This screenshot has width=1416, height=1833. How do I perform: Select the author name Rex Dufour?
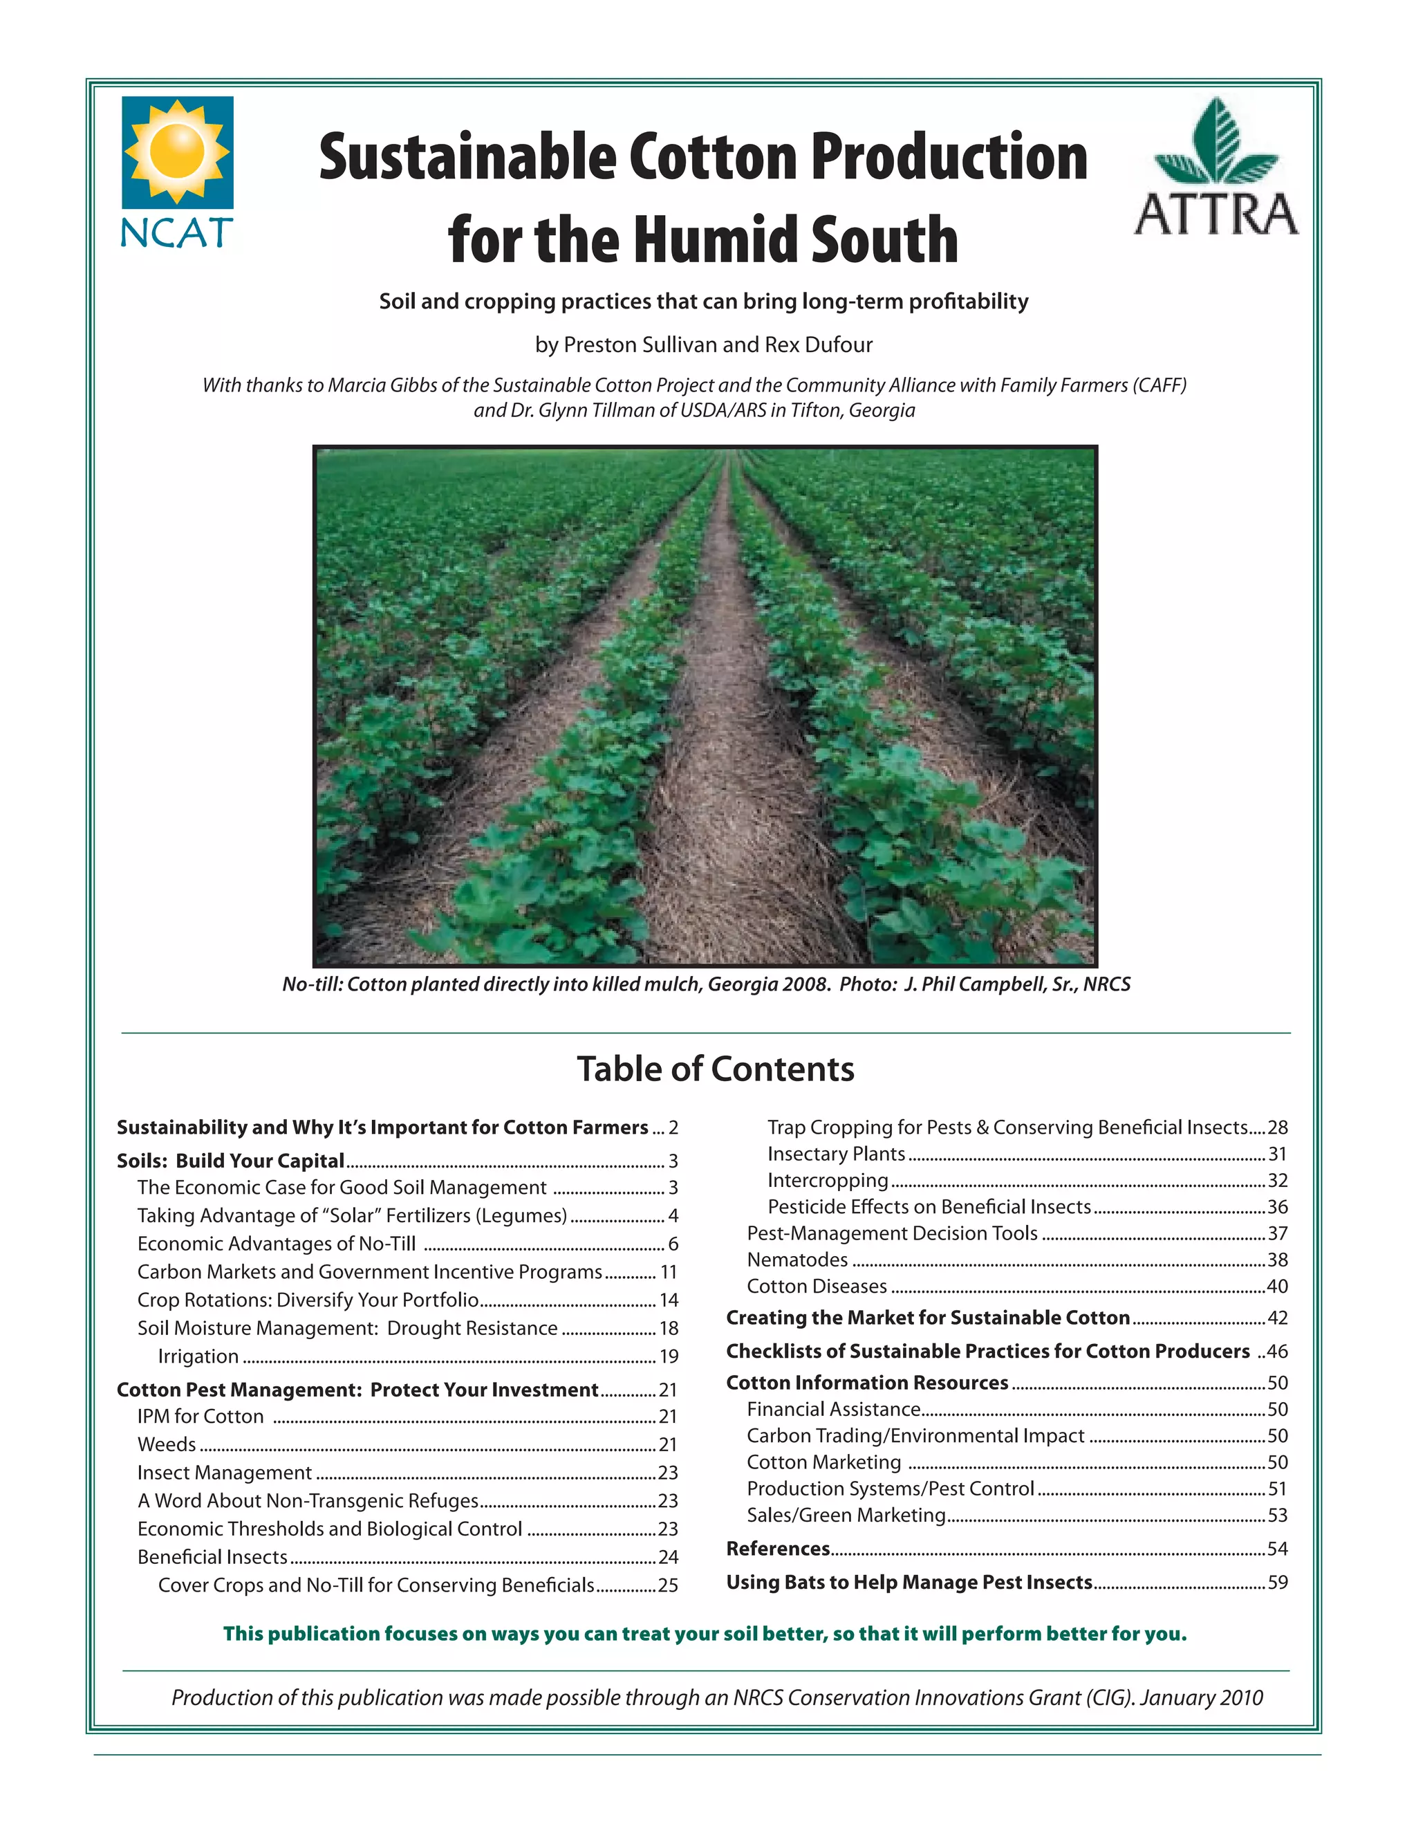click(x=818, y=345)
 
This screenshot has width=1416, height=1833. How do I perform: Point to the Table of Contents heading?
click(x=716, y=1069)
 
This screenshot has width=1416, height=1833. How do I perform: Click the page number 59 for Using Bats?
click(x=1278, y=1582)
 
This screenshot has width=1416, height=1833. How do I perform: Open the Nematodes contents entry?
click(x=797, y=1260)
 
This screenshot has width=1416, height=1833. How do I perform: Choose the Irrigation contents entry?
click(x=198, y=1356)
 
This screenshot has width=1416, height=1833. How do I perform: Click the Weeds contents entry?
click(x=166, y=1444)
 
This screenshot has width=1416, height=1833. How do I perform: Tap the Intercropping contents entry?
click(x=827, y=1180)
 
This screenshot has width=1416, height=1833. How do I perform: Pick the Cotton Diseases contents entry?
click(x=817, y=1286)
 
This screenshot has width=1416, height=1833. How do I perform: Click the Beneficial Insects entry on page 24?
click(x=212, y=1557)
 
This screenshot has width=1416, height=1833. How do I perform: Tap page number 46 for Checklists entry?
click(x=1278, y=1352)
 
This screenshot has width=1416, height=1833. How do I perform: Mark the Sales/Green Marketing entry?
click(x=846, y=1515)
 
